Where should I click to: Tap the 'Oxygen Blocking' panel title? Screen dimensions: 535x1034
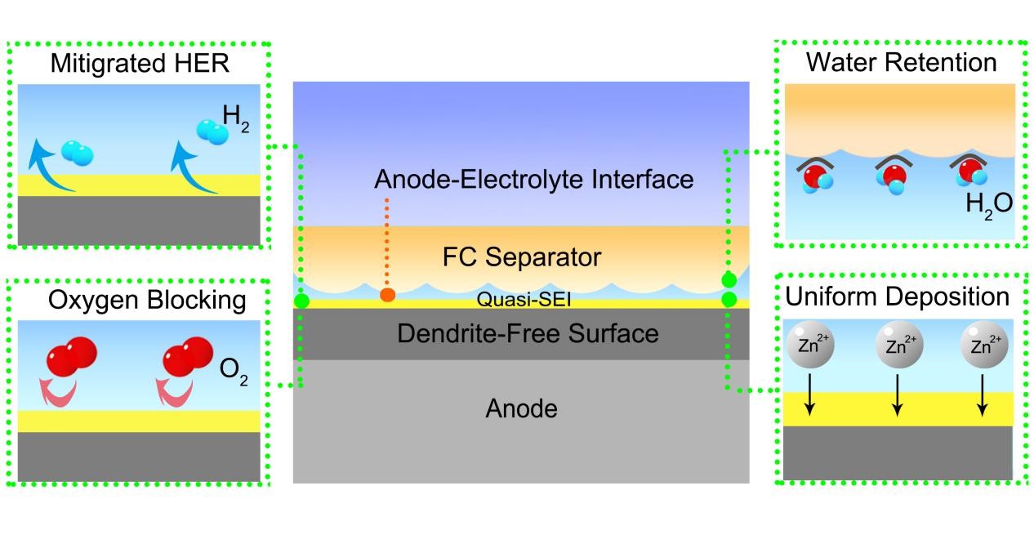[x=147, y=300]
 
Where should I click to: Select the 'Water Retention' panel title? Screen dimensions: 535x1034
[x=901, y=62]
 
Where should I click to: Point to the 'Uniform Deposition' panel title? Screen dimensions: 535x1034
[x=897, y=296]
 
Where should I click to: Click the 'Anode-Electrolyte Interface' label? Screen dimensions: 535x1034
[x=533, y=179]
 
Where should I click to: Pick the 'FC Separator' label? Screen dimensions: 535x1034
[x=521, y=258]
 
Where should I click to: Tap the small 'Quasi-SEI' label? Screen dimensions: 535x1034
[x=524, y=300]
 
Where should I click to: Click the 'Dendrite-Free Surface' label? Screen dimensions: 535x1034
[x=527, y=333]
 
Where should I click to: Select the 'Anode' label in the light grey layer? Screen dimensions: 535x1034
[x=521, y=408]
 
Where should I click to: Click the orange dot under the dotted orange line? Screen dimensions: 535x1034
[x=387, y=294]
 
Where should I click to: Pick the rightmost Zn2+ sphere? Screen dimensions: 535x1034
[x=984, y=343]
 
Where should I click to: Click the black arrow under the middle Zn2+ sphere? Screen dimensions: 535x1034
[x=896, y=395]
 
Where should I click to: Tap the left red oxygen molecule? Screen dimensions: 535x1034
[x=74, y=356]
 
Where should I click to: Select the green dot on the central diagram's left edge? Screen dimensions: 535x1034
[x=301, y=301]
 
